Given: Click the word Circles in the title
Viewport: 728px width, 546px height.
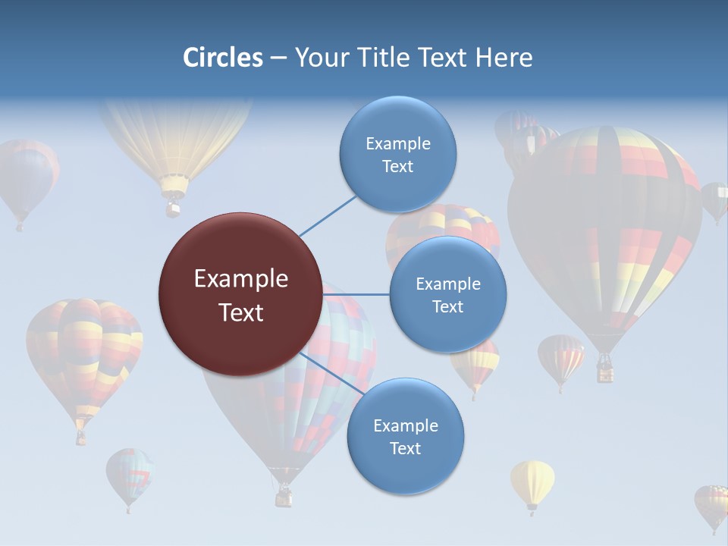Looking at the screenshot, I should pyautogui.click(x=222, y=58).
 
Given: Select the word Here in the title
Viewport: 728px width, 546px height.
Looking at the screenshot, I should pyautogui.click(x=504, y=58).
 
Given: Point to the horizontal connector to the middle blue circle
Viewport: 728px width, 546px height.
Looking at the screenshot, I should pyautogui.click(x=356, y=294).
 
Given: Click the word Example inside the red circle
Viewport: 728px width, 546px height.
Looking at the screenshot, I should pyautogui.click(x=240, y=279).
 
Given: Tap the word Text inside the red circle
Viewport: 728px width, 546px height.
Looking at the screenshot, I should pyautogui.click(x=240, y=312).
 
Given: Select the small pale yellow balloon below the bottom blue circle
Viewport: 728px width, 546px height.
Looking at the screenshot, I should pyautogui.click(x=532, y=483).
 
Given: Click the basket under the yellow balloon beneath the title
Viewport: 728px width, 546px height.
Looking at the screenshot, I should pyautogui.click(x=174, y=206).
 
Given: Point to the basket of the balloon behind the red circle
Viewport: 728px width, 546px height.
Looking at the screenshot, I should pyautogui.click(x=284, y=497).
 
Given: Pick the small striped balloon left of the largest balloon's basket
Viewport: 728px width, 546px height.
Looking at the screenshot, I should pyautogui.click(x=560, y=358).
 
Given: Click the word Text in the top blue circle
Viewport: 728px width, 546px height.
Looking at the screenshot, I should pyautogui.click(x=397, y=167).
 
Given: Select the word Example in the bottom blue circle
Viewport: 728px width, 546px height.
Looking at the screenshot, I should pyautogui.click(x=405, y=426).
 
